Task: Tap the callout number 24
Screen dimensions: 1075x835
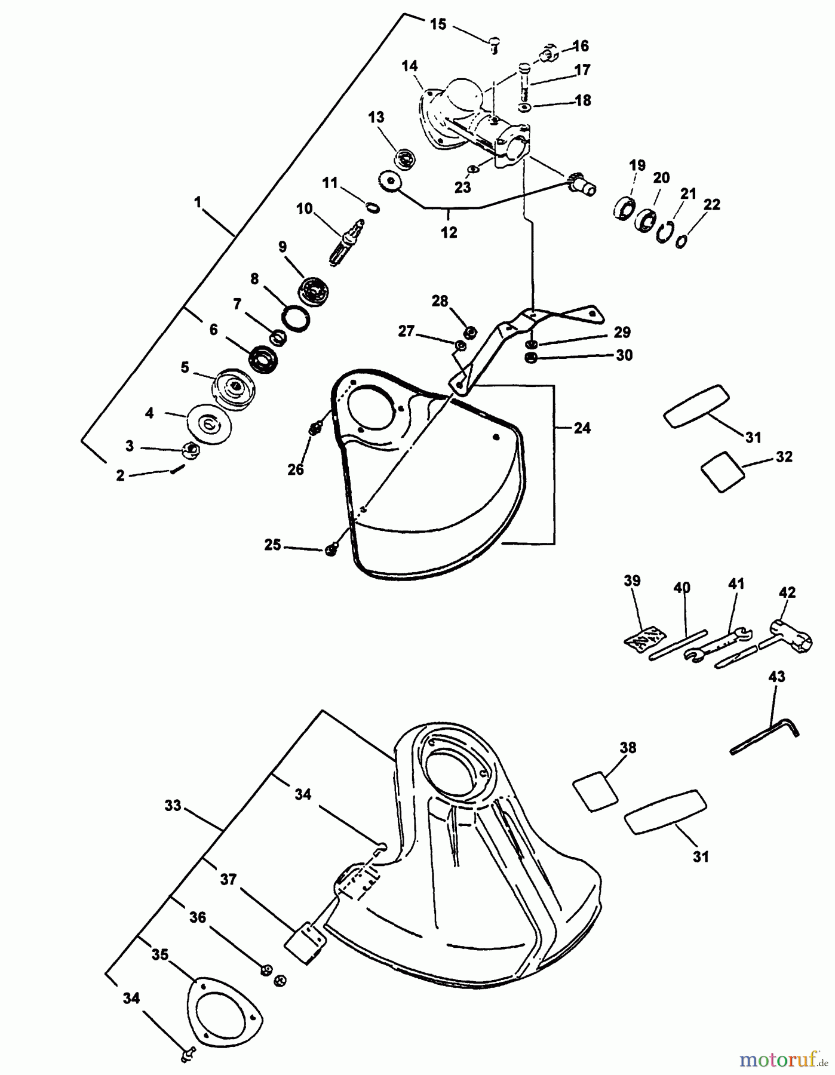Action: [x=582, y=428]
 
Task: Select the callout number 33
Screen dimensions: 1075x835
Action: [x=173, y=806]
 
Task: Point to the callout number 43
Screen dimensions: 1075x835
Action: [x=777, y=677]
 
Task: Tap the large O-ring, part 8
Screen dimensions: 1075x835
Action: [x=296, y=318]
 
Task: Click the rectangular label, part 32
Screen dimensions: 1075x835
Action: [x=722, y=471]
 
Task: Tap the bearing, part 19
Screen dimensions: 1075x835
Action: [x=624, y=209]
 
